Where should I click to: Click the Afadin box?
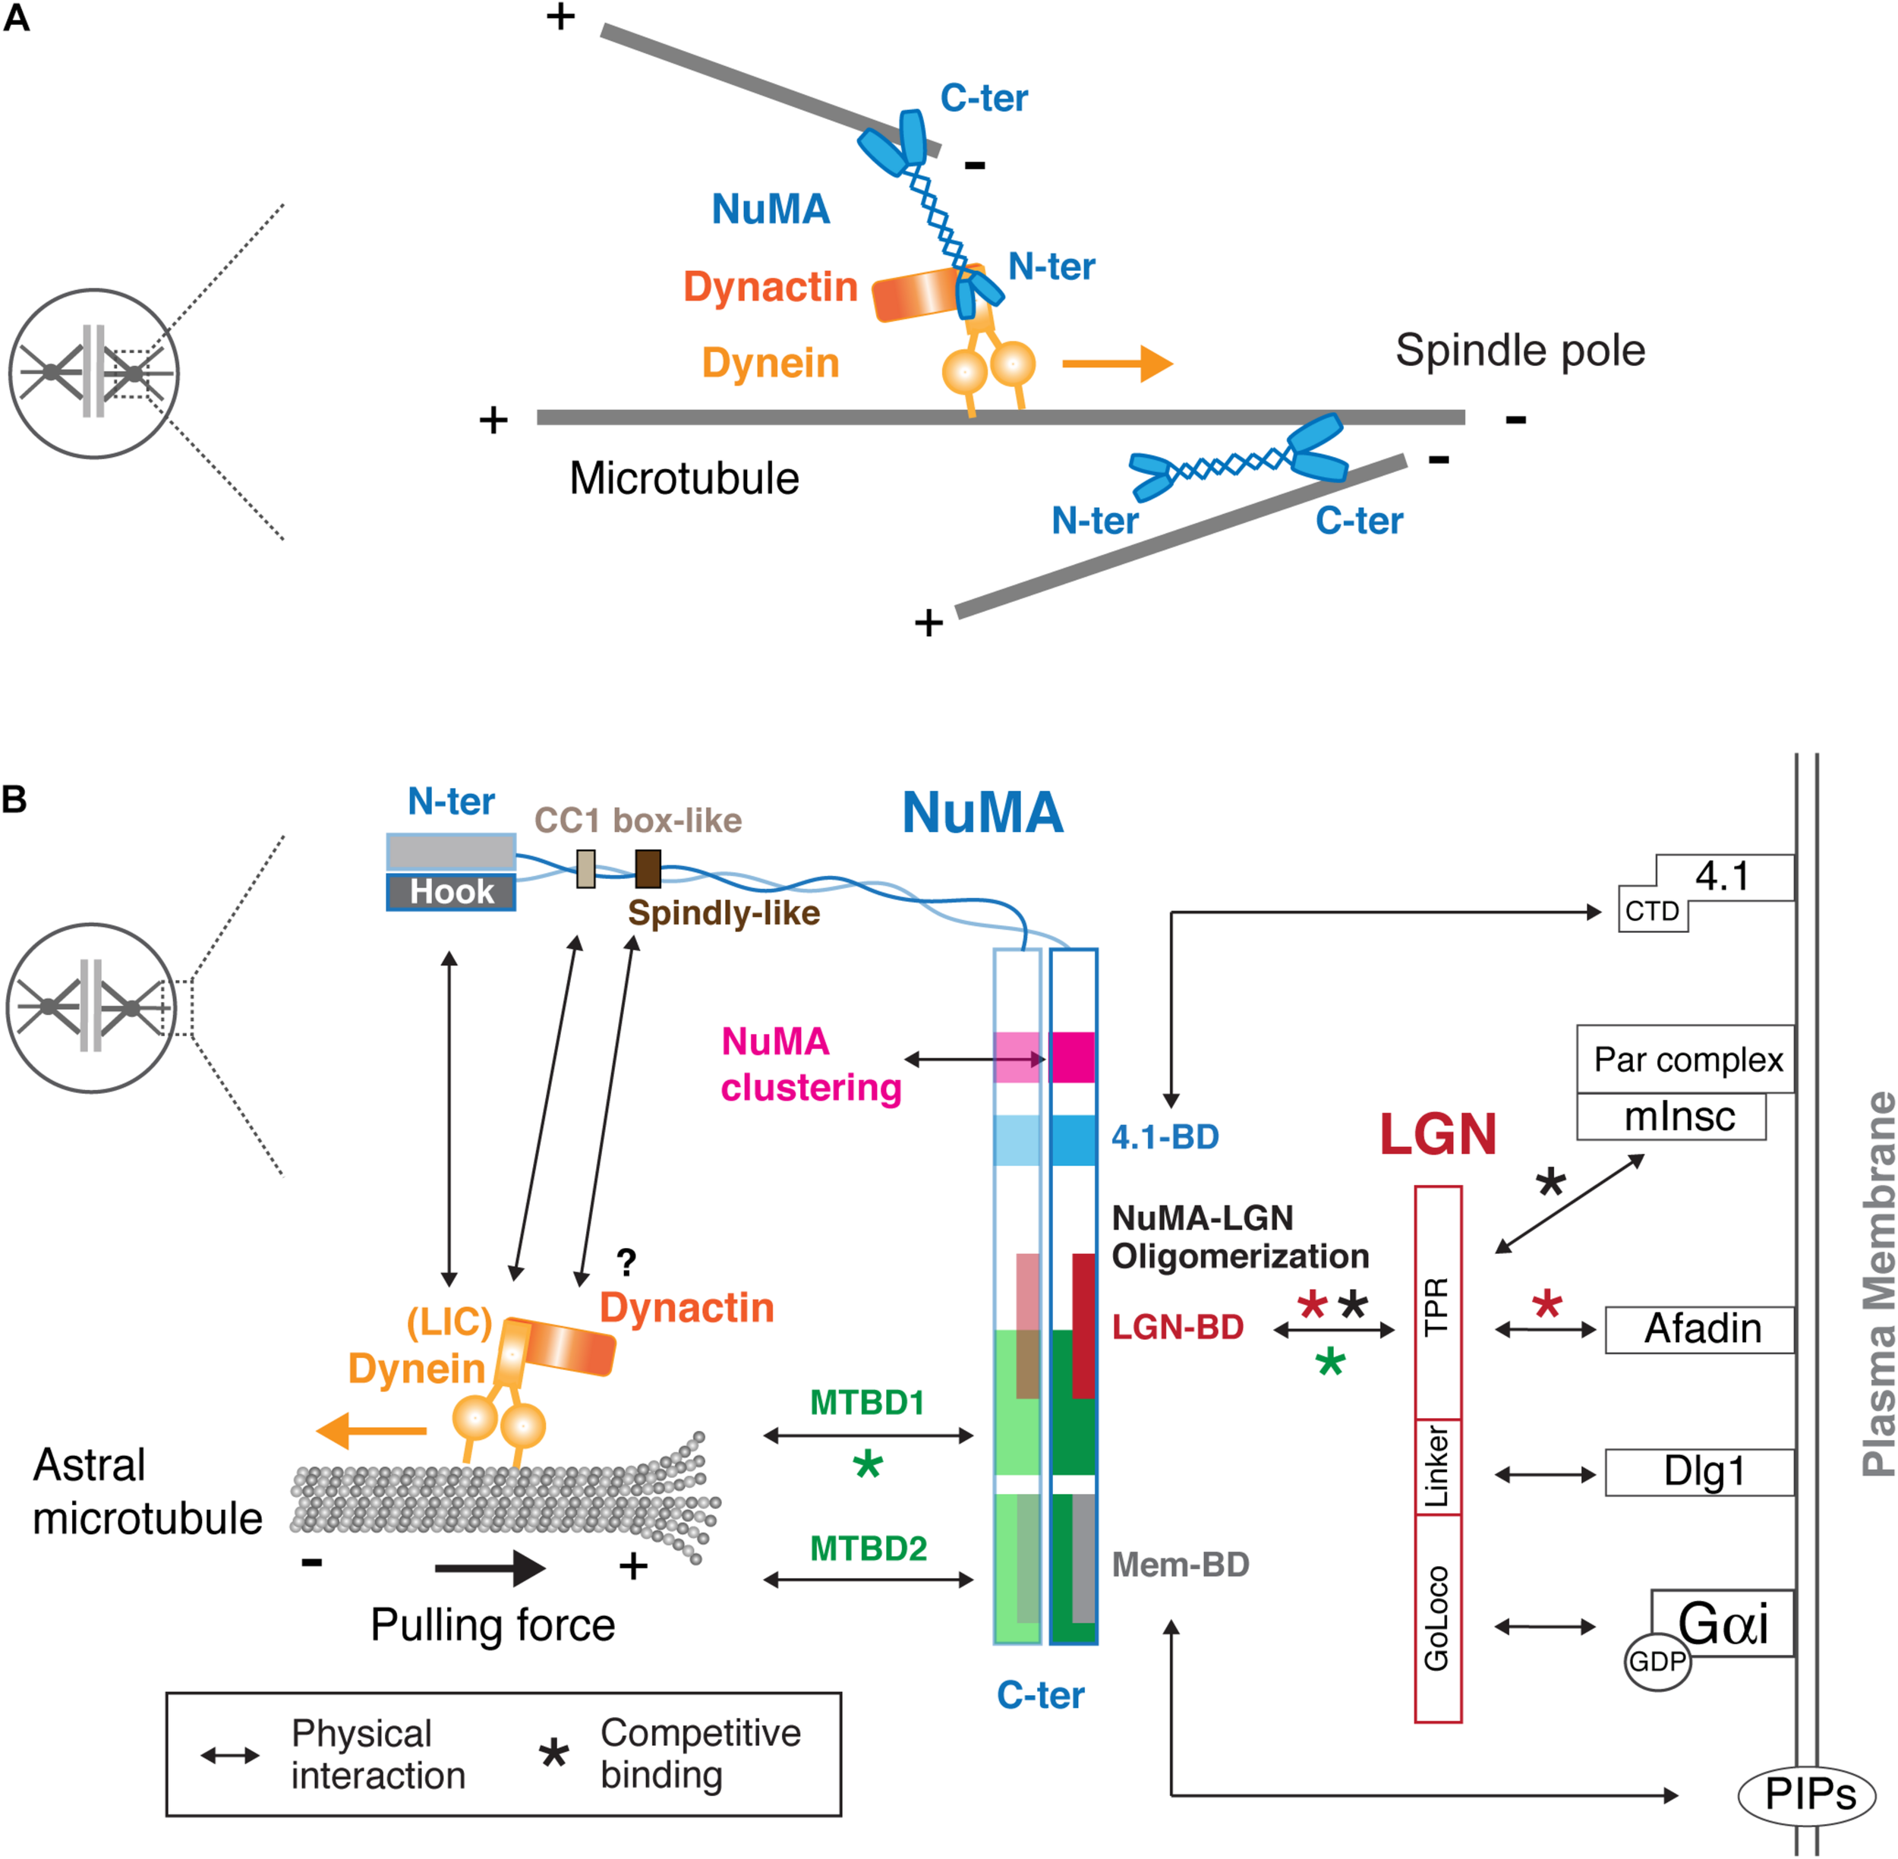click(x=1700, y=1330)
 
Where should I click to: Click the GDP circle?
click(x=1657, y=1661)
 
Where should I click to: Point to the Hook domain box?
click(x=451, y=891)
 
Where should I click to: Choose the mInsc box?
click(x=1672, y=1116)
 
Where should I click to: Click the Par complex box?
click(x=1686, y=1060)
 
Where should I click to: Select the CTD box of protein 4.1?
click(x=1652, y=911)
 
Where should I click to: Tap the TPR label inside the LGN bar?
click(x=1437, y=1306)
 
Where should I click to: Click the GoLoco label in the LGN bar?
click(x=1437, y=1618)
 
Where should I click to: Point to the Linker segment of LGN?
click(x=1437, y=1467)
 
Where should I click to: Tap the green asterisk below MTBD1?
click(x=867, y=1464)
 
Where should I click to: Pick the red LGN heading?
click(x=1437, y=1135)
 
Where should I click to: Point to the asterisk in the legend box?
click(x=553, y=1754)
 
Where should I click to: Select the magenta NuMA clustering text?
click(x=809, y=1064)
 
